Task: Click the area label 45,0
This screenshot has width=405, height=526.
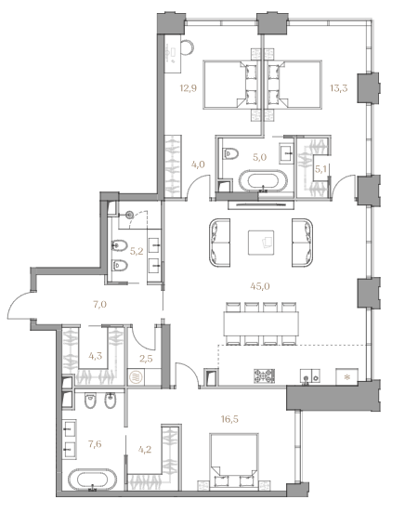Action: tap(260, 286)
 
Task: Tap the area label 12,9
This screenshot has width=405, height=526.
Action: tap(188, 88)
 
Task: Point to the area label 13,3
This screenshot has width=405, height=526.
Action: tap(339, 88)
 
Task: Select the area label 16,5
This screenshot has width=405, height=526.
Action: tap(229, 419)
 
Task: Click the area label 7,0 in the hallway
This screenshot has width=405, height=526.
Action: tap(99, 305)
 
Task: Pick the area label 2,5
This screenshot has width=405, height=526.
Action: tap(146, 359)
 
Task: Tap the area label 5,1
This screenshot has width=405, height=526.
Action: tap(320, 169)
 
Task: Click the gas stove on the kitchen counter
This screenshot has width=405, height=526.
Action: tap(264, 376)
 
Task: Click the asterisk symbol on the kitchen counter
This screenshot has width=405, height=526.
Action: tap(347, 376)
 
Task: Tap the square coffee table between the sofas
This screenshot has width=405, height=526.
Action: tap(261, 243)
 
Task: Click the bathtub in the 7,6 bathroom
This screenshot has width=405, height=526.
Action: tap(92, 480)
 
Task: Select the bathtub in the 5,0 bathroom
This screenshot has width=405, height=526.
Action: tap(264, 181)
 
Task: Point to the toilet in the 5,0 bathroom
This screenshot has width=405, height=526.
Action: tap(230, 153)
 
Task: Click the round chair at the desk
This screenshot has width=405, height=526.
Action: tap(186, 47)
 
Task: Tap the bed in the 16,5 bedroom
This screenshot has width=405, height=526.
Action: tap(234, 459)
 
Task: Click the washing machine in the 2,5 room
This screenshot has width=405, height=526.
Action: tap(137, 376)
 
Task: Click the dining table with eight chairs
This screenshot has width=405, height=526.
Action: tap(262, 323)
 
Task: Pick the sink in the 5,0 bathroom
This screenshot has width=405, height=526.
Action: tap(286, 153)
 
